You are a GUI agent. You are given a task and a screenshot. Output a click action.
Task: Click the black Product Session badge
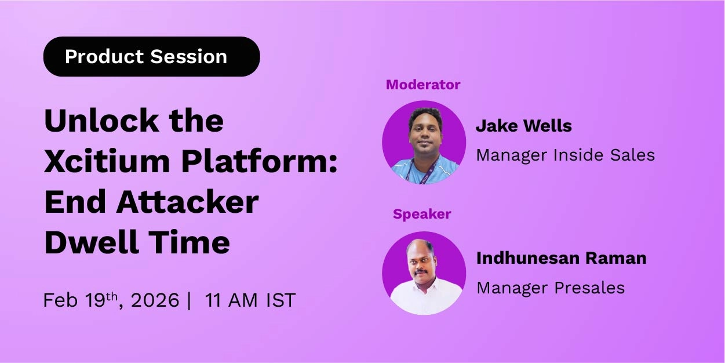151,57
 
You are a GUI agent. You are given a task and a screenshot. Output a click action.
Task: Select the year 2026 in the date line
155,301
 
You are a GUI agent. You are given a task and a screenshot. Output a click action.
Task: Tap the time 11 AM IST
250,300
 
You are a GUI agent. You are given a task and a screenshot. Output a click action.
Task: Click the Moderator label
423,85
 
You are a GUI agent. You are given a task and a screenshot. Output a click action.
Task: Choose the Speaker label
422,214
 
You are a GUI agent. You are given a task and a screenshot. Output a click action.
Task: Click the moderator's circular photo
424,142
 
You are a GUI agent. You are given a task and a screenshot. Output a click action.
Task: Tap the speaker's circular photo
424,273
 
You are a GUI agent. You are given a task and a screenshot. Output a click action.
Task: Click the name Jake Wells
523,126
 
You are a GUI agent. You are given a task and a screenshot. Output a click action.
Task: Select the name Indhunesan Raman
561,258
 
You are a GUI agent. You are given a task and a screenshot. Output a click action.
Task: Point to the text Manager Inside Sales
565,155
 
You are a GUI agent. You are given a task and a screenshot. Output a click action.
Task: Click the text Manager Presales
550,288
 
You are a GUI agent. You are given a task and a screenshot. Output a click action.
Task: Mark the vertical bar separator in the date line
190,301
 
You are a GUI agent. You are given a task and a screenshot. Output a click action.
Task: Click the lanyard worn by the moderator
412,172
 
